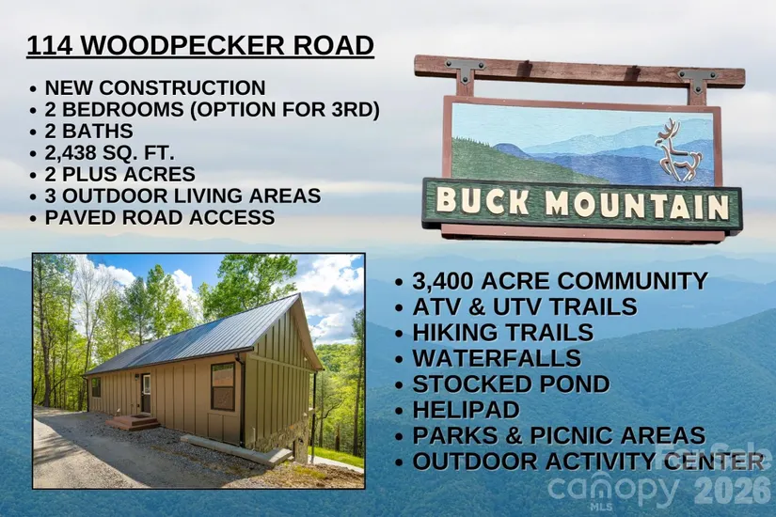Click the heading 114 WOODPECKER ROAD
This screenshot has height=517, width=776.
pos(200,45)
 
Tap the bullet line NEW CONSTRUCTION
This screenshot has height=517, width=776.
pos(155,87)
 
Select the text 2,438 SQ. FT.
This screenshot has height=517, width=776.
pos(109,153)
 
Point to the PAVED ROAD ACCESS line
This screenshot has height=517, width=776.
pos(160,218)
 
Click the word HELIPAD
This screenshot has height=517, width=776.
pos(467,410)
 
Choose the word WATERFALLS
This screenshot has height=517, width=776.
pos(497,358)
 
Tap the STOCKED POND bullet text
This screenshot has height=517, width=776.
pos(512,384)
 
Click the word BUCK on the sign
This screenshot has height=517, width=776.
pos(483,201)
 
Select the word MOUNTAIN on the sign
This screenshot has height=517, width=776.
pos(638,205)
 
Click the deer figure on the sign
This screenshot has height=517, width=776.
pos(678,150)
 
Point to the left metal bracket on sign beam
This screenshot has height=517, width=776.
pos(466,70)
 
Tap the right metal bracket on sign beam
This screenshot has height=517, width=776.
pos(698,79)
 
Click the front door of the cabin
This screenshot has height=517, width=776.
pos(146,394)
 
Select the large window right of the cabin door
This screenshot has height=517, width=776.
pos(223,386)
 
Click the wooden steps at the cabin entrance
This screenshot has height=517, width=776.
pos(133,423)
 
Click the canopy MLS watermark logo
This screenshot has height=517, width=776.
pos(613,490)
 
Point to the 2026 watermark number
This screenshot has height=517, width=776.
pos(733,490)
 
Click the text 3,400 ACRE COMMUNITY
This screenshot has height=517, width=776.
pos(561,281)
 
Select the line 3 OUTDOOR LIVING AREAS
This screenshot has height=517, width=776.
pos(182,196)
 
